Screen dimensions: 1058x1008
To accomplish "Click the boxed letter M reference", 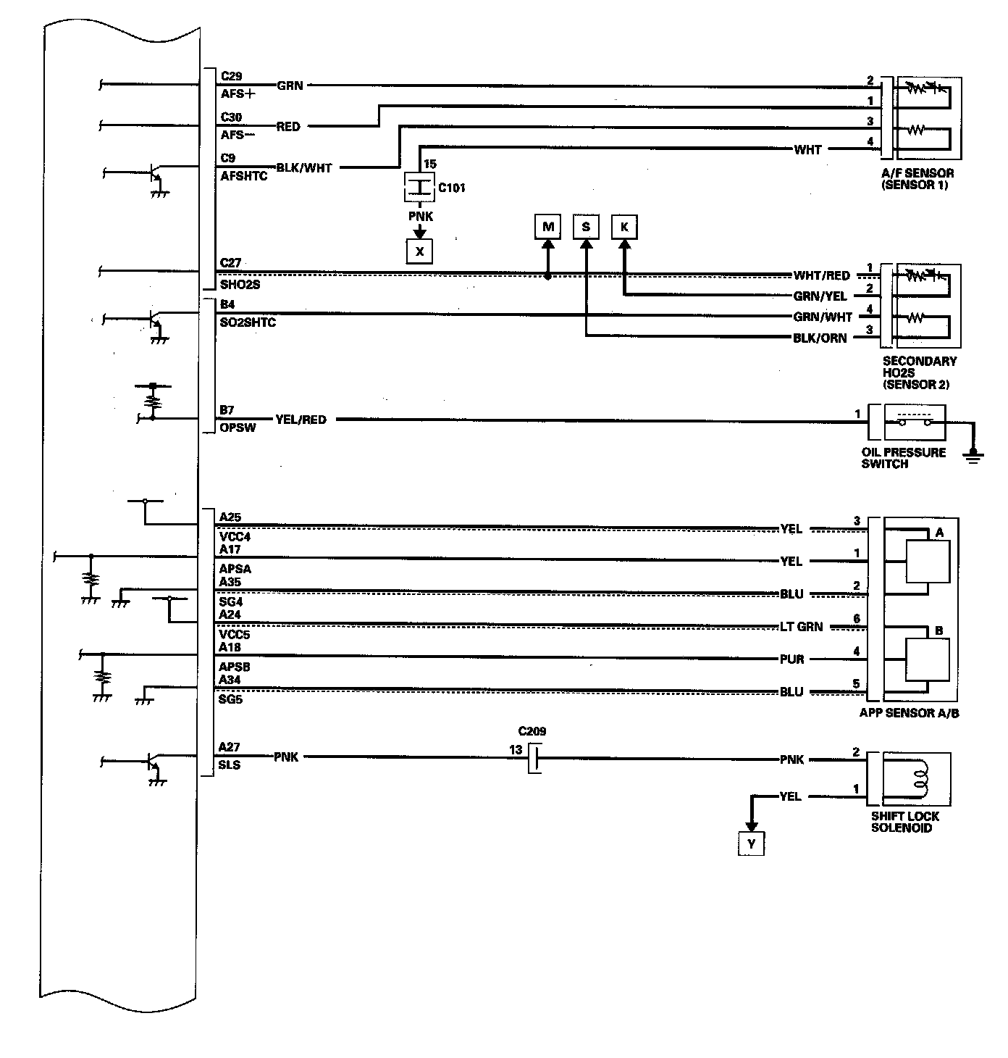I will coord(547,228).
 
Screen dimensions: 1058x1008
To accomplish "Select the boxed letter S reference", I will coord(586,228).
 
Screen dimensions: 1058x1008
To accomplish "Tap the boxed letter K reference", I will coord(624,228).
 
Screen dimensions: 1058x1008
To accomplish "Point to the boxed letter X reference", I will coord(419,251).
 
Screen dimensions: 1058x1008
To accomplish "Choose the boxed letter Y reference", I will coord(752,844).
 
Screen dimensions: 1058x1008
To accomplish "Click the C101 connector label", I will coord(452,188).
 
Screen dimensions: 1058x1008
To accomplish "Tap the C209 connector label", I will coord(532,731).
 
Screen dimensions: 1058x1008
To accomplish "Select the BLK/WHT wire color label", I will coord(304,168).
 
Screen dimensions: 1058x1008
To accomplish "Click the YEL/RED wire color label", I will coord(301,420).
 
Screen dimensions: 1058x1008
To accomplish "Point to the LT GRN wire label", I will coord(801,627).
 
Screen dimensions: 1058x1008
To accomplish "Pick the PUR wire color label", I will coord(792,659).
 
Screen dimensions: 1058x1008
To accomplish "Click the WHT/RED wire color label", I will coord(821,276).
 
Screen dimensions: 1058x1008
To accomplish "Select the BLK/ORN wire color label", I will coord(820,338).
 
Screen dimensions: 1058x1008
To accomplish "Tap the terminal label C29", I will coord(231,76).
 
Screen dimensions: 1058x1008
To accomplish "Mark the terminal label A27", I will coord(230,747).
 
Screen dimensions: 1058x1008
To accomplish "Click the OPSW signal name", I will coord(238,428).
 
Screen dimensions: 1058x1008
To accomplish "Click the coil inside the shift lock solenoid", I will coord(921,778).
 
